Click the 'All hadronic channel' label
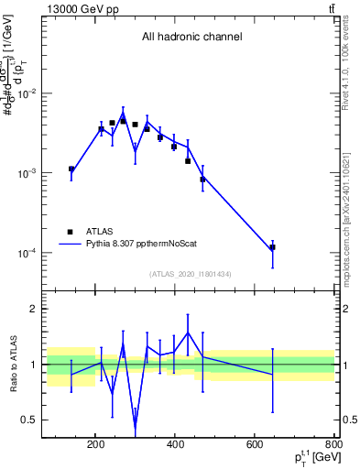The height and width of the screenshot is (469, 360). point(191,38)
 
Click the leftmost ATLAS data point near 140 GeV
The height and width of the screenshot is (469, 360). point(71,169)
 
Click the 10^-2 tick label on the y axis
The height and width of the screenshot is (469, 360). point(30,94)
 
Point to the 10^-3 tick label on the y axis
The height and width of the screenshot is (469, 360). point(30,173)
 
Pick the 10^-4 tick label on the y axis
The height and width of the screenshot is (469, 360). point(30,253)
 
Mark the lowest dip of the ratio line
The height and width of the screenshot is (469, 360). point(136,427)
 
